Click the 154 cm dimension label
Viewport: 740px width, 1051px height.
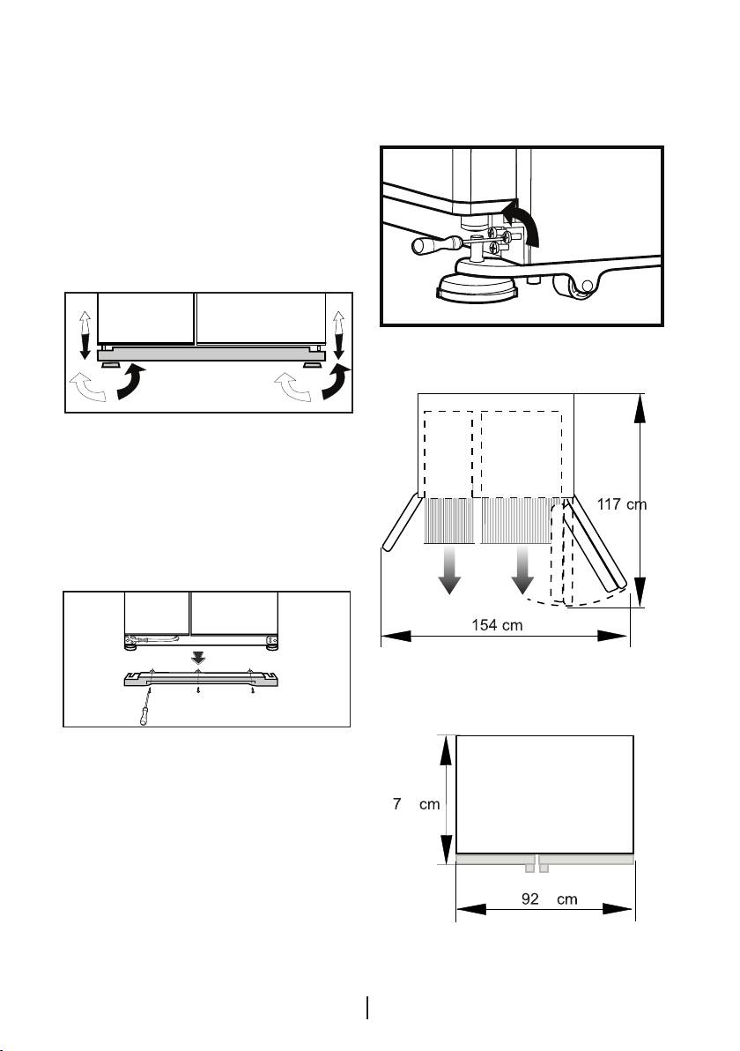497,625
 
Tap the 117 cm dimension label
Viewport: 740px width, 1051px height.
621,504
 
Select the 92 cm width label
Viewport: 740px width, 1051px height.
549,898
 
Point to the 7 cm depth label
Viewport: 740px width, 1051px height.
416,804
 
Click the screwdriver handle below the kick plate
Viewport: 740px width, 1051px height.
144,714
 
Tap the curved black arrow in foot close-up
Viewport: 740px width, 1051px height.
522,222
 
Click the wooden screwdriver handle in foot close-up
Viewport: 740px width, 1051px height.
425,246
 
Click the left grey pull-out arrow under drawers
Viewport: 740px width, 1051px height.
448,570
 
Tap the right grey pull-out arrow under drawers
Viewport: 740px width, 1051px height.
522,570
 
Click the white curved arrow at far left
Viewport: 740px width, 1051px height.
88,389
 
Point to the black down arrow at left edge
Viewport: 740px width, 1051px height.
85,347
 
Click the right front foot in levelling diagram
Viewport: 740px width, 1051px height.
310,365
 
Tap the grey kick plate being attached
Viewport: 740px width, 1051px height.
201,680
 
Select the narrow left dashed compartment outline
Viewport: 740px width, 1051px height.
448,453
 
